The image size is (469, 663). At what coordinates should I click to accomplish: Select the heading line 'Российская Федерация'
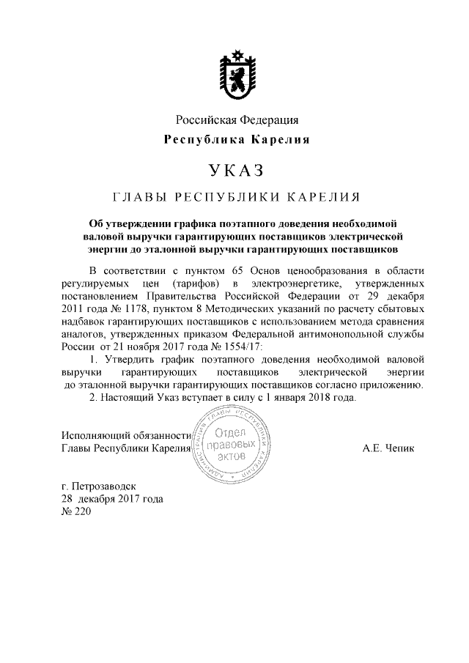(234, 119)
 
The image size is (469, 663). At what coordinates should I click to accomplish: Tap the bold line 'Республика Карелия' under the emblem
(234, 139)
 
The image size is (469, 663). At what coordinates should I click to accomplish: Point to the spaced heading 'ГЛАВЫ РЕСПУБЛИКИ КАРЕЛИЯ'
(234, 197)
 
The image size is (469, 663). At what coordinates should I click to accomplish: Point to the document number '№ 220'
(75, 511)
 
